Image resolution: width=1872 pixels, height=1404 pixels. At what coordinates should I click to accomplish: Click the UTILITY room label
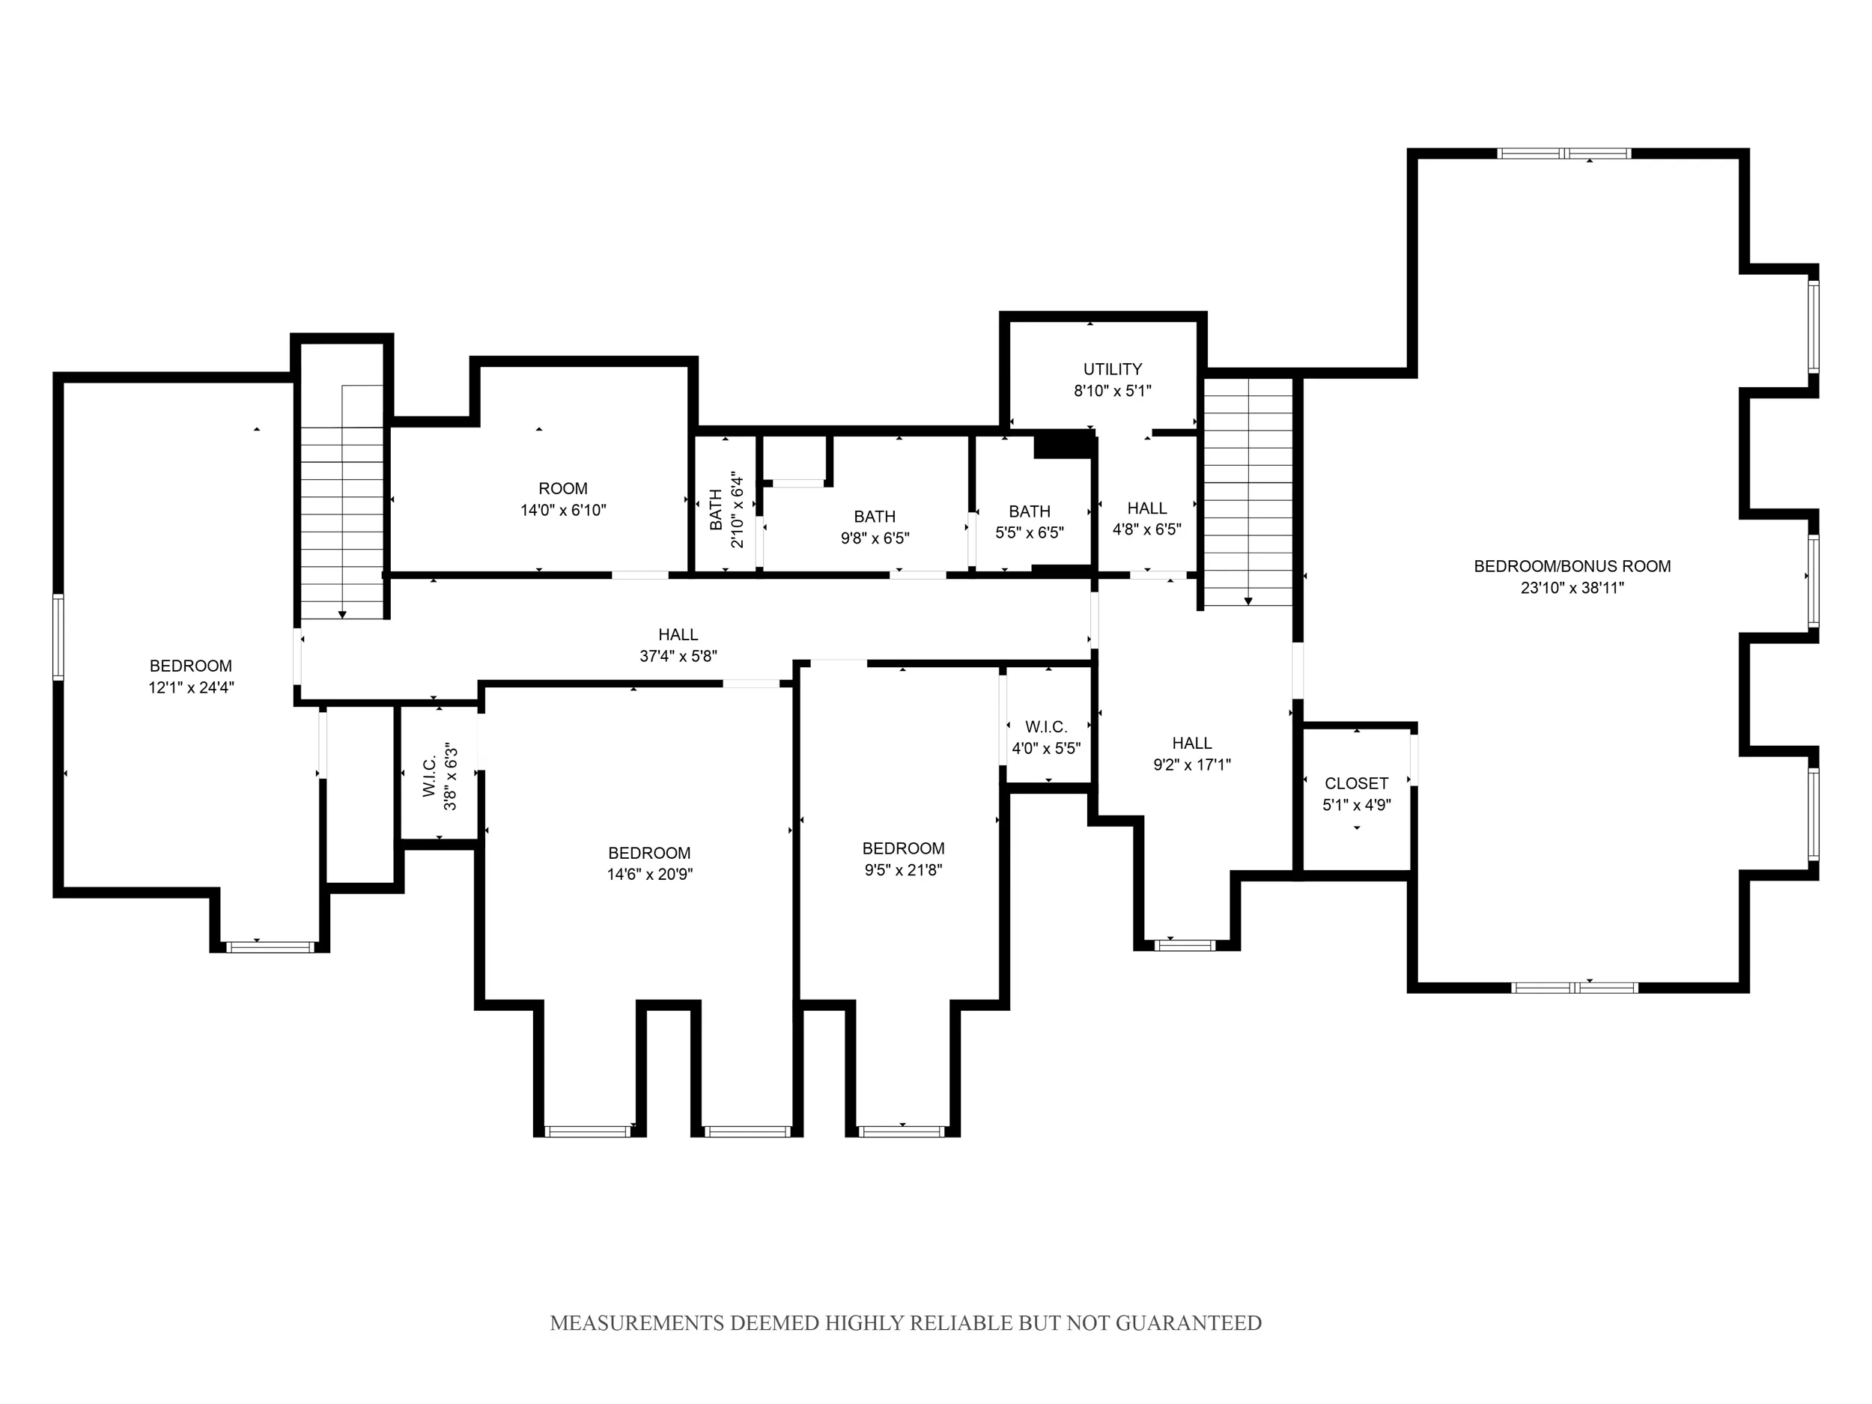click(x=1112, y=369)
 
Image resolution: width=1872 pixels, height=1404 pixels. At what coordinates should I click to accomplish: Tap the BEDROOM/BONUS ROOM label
click(x=1572, y=566)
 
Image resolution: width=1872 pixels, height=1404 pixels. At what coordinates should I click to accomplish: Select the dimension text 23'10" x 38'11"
click(x=1572, y=588)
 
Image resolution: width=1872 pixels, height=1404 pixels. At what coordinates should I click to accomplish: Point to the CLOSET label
click(x=1356, y=784)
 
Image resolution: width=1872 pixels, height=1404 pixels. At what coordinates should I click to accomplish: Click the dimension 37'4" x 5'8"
click(x=678, y=656)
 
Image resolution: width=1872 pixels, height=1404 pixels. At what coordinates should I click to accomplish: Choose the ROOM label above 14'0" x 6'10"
click(x=563, y=488)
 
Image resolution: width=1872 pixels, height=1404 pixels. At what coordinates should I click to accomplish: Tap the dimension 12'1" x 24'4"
click(x=191, y=687)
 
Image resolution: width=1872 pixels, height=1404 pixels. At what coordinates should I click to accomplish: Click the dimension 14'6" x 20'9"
click(x=649, y=874)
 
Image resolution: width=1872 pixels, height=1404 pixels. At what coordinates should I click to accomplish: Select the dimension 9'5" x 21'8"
click(x=903, y=869)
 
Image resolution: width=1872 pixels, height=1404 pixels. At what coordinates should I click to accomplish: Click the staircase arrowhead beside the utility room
click(x=1248, y=601)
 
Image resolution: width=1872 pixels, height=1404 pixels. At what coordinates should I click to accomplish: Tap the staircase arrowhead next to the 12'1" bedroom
click(x=342, y=615)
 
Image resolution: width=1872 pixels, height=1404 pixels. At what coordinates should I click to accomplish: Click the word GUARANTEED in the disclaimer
click(x=1188, y=1323)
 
